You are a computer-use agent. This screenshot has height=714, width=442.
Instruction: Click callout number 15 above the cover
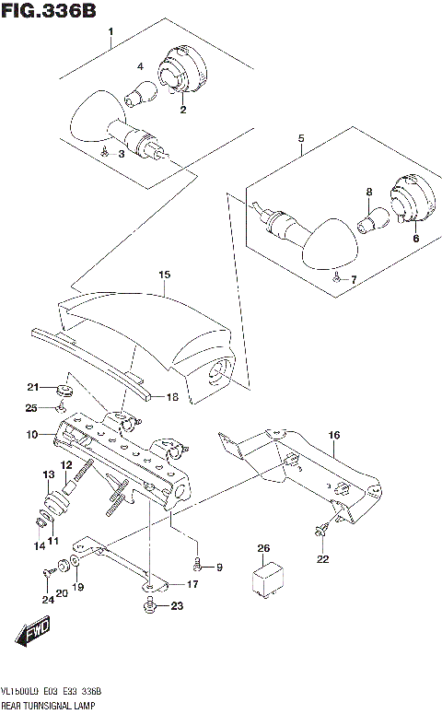(164, 275)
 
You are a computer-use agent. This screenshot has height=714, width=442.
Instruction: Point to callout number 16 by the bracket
(333, 435)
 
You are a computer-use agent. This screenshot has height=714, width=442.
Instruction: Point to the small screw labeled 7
(336, 275)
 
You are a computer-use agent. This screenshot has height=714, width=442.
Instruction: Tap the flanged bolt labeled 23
(149, 605)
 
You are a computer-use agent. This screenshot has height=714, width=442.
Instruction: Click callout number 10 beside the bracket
(30, 434)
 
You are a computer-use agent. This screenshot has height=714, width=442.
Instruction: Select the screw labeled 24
(46, 574)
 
